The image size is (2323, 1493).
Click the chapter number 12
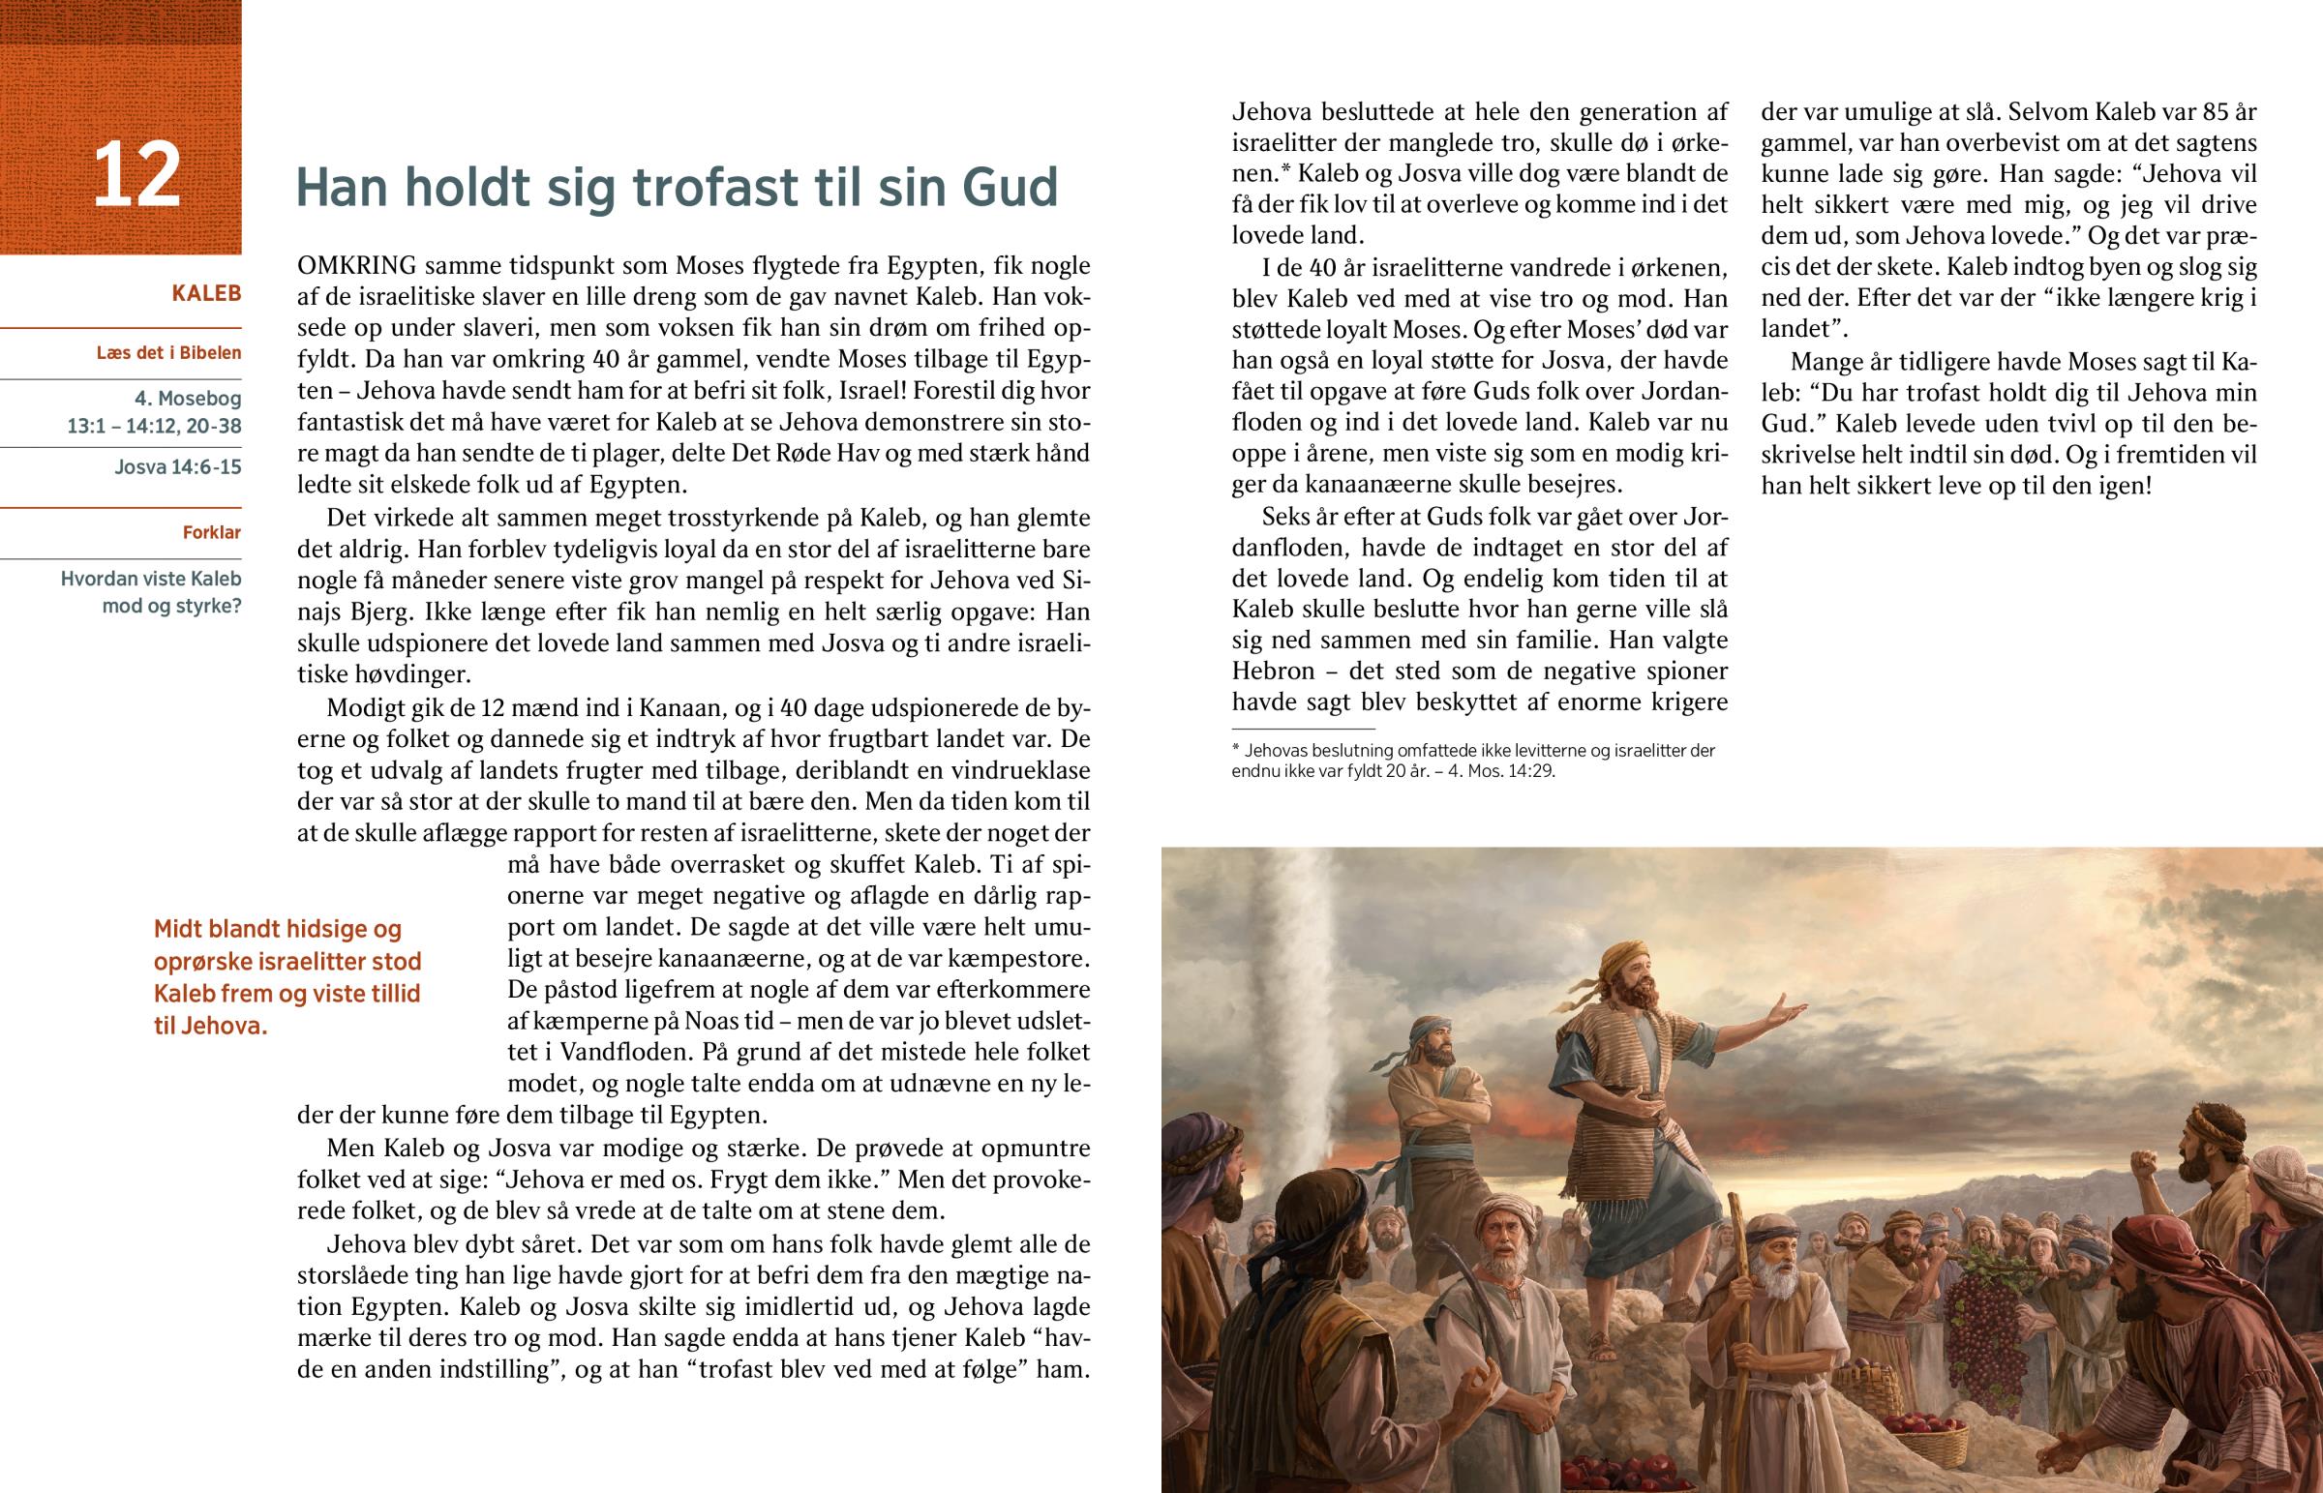[x=136, y=175]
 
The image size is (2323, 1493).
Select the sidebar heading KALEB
[x=205, y=293]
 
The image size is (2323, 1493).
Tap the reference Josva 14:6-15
[x=177, y=466]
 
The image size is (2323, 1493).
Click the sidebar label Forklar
[x=211, y=532]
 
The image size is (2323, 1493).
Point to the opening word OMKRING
[x=357, y=266]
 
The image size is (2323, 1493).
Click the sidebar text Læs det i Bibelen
[x=168, y=353]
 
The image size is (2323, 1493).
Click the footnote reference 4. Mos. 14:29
[x=1502, y=773]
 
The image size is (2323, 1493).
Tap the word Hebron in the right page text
[x=1273, y=671]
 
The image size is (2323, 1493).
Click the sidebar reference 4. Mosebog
[x=188, y=399]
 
